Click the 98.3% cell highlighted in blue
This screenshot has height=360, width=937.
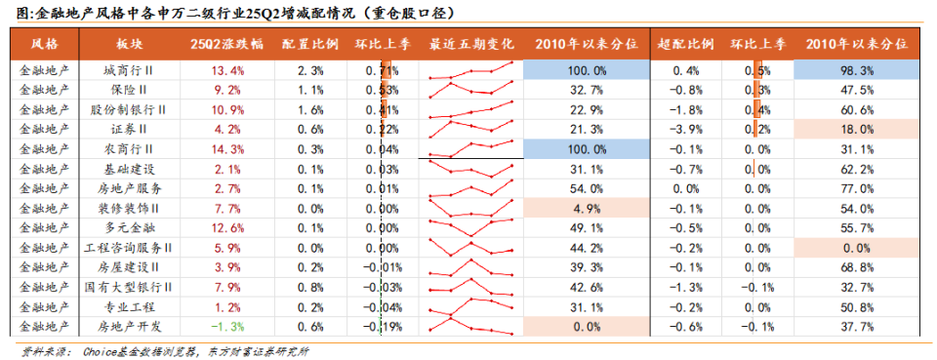[856, 71]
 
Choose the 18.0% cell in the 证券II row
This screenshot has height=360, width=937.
[856, 129]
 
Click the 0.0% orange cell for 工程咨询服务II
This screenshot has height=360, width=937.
[856, 248]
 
